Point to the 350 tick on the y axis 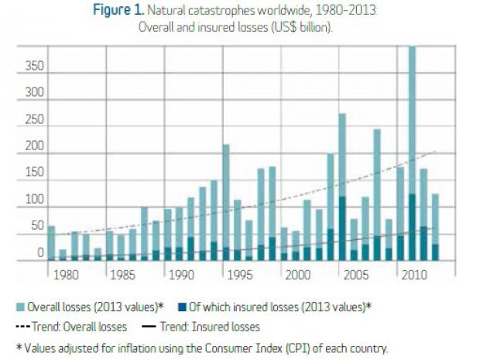pyautogui.click(x=34, y=67)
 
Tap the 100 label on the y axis pyautogui.click(x=34, y=200)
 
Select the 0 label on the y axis pyautogui.click(x=40, y=252)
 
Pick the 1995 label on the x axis pyautogui.click(x=238, y=274)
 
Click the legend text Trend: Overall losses pyautogui.click(x=83, y=327)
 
